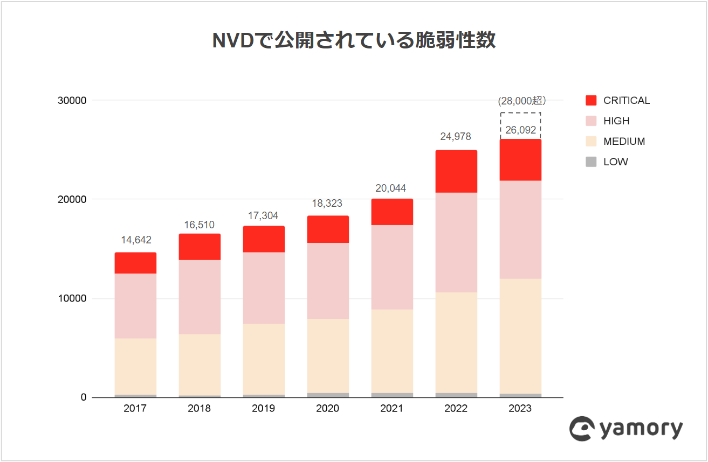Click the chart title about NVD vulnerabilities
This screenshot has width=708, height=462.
coord(354,41)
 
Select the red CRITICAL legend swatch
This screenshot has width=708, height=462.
coord(591,100)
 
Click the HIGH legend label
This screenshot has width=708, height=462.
coord(616,121)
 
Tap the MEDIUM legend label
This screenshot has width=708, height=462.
coord(624,142)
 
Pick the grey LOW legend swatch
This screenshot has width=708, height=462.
coord(591,162)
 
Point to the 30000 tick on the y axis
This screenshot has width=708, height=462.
coord(72,101)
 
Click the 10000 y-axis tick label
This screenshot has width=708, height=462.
coord(72,299)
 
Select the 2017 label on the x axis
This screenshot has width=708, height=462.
coord(135,409)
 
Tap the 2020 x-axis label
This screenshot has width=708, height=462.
coord(327,409)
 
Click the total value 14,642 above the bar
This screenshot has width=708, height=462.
coord(135,240)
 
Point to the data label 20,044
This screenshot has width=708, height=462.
coord(391,188)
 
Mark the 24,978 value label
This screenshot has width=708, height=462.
coord(456,137)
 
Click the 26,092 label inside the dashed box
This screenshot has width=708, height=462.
coord(520,130)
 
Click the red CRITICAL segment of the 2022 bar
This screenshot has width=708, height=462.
coord(456,171)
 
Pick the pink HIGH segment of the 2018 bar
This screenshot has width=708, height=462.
coord(200,297)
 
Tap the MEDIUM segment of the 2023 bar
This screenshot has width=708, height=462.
coord(520,336)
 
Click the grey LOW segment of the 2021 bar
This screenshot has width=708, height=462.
coord(392,395)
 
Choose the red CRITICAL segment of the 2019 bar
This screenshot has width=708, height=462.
coord(264,239)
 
